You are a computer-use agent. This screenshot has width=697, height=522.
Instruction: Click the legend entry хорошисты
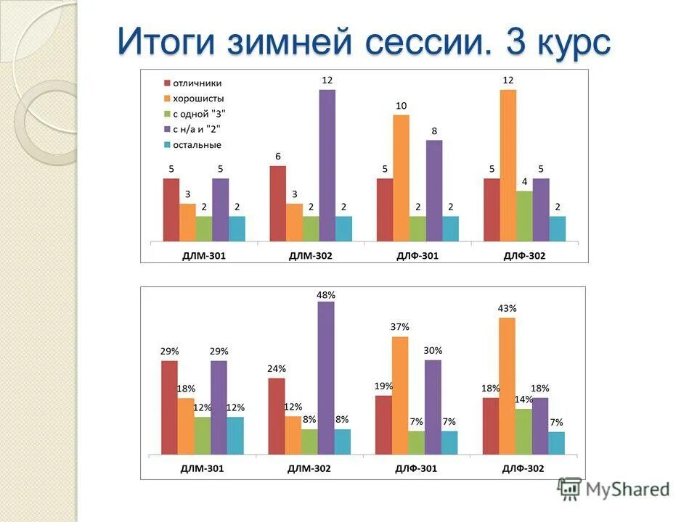(x=198, y=98)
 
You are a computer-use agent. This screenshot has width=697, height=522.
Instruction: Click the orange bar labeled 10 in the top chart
(x=401, y=178)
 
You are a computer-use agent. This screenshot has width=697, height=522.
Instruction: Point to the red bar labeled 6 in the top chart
(x=277, y=203)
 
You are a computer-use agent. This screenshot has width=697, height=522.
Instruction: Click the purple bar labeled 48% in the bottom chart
(x=326, y=378)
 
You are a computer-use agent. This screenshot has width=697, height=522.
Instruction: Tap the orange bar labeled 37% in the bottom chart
(x=400, y=395)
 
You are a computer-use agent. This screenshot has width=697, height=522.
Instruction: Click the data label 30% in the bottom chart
(x=433, y=350)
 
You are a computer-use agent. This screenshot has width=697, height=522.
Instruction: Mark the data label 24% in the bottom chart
(x=276, y=368)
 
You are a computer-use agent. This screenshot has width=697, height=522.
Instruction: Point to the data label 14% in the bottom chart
(x=524, y=399)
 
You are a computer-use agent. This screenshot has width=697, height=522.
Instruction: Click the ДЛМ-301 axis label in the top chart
(x=203, y=256)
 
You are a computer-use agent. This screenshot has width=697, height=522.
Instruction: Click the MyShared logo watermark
(x=614, y=489)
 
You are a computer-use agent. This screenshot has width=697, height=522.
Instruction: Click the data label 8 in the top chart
(x=433, y=130)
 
